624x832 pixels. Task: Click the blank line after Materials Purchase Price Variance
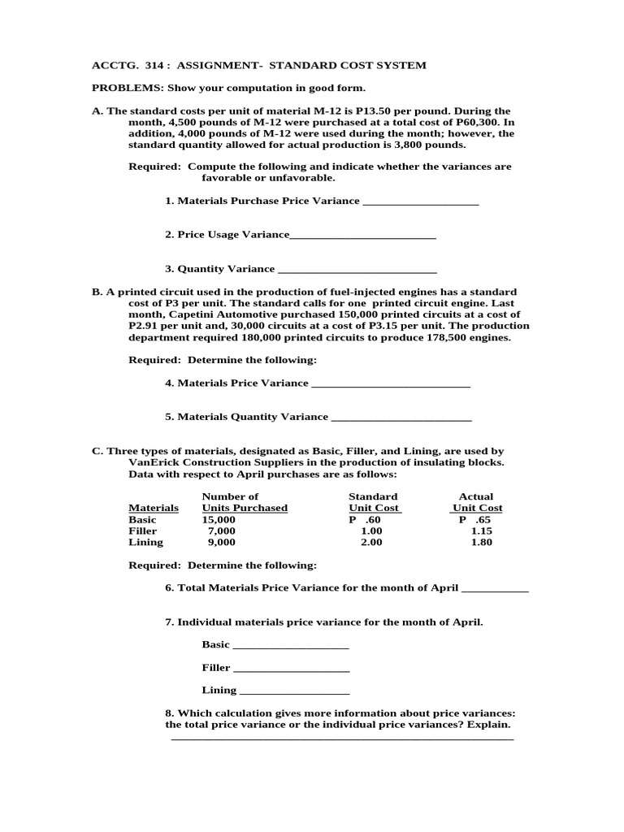(420, 203)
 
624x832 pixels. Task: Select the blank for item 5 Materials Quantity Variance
(401, 420)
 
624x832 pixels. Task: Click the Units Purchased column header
(245, 508)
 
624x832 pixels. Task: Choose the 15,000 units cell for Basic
(219, 519)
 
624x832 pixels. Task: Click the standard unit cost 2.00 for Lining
(371, 542)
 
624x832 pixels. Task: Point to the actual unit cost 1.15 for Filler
(482, 531)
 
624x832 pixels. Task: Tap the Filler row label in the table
(143, 531)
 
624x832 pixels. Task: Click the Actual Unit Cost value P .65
(475, 519)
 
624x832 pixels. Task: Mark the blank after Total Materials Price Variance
(494, 591)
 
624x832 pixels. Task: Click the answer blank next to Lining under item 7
(295, 693)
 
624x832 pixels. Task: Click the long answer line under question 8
(342, 739)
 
